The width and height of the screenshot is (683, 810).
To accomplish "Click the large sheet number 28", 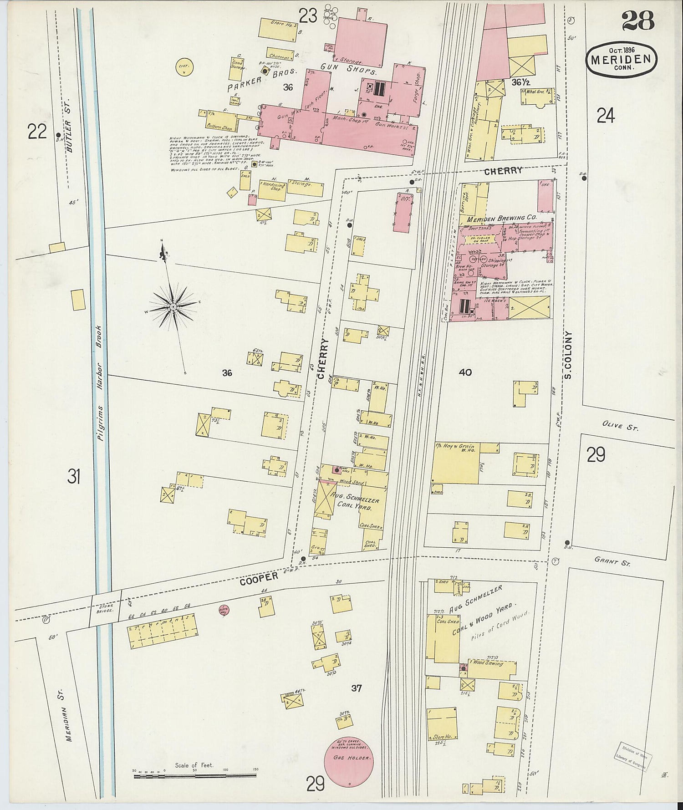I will coord(637,21).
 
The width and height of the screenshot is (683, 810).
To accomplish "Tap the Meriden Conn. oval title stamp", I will coord(622,59).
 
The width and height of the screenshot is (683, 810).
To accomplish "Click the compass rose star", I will coord(173,307).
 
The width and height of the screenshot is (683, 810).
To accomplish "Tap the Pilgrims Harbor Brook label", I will coord(99,382).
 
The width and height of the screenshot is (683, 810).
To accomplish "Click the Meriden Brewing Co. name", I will coord(502,219).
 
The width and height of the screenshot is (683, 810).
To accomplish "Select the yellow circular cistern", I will coord(184,67).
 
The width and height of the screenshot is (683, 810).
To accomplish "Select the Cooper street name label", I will coord(259,577).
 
